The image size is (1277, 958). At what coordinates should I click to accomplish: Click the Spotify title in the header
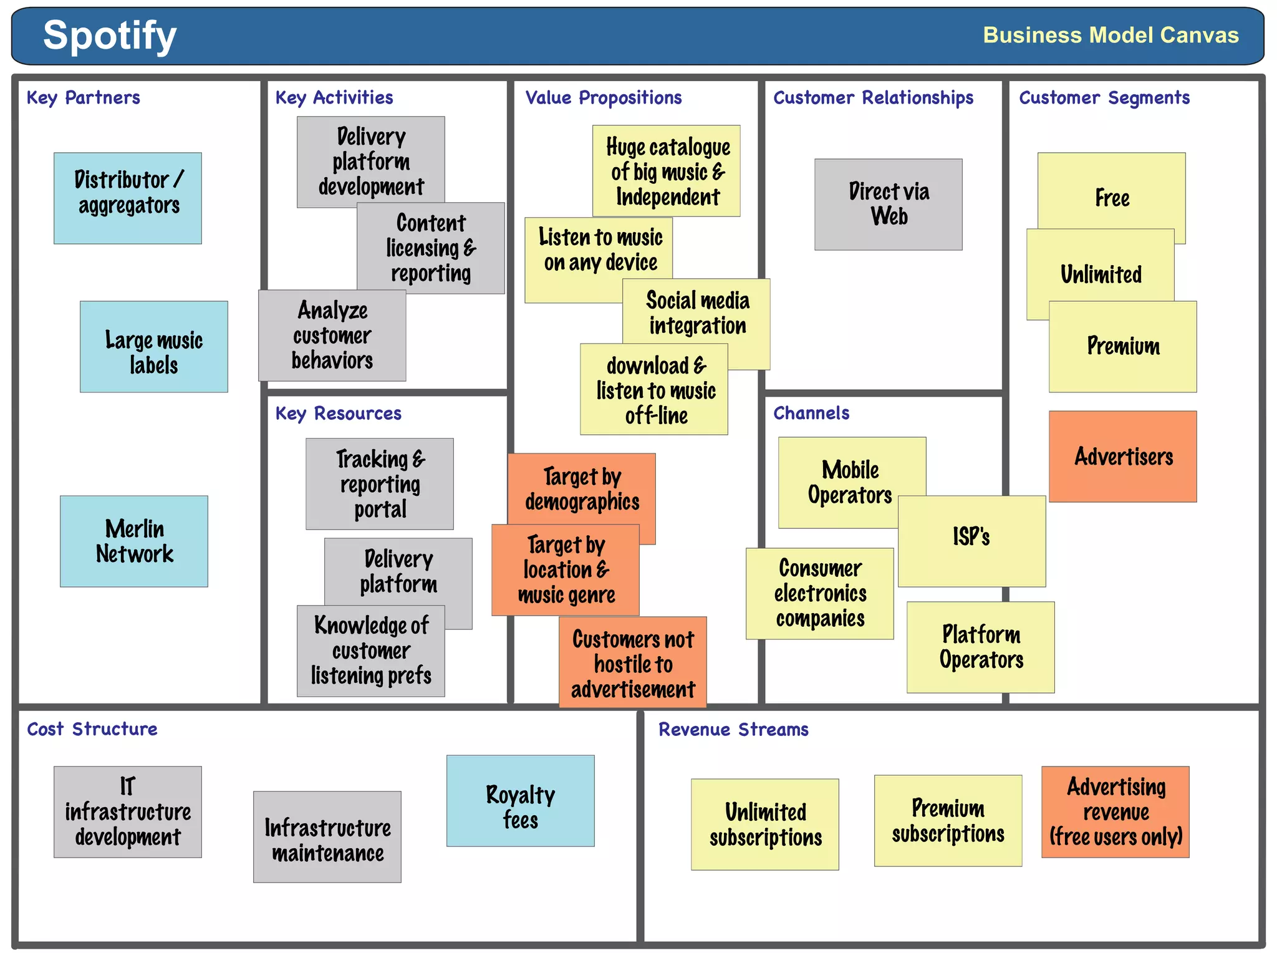click(x=110, y=35)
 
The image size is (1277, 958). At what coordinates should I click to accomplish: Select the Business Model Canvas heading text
click(x=1110, y=35)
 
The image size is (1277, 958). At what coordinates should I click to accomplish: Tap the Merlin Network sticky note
click(x=134, y=541)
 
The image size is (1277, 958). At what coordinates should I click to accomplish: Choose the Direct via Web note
click(x=888, y=204)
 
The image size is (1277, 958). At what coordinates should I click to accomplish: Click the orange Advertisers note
click(x=1122, y=457)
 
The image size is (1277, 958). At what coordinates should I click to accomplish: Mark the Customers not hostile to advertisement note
click(x=632, y=664)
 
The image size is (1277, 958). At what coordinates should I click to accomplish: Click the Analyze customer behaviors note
click(x=332, y=336)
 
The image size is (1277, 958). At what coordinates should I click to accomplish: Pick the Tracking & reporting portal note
click(x=379, y=484)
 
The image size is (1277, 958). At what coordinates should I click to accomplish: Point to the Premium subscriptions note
click(x=948, y=821)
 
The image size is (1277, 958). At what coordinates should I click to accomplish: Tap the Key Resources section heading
click(x=338, y=414)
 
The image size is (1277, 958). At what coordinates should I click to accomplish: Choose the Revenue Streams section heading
click(x=733, y=729)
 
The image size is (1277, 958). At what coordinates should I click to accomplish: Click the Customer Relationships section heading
click(x=873, y=98)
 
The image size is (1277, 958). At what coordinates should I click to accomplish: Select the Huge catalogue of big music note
click(x=666, y=171)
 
